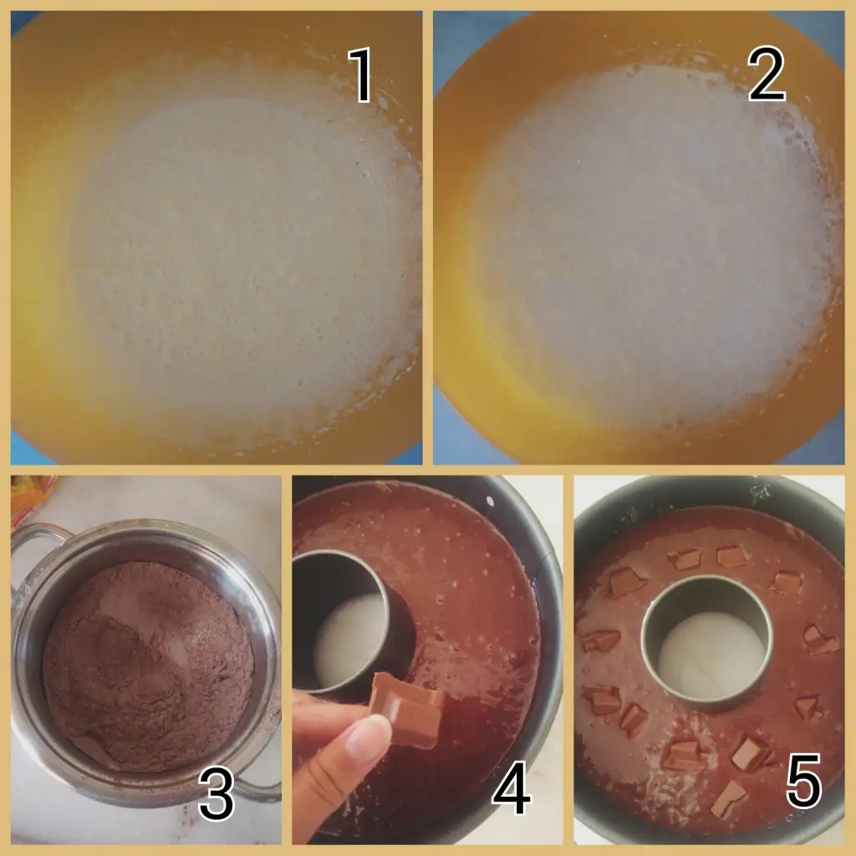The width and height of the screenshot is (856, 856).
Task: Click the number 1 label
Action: tap(361, 74)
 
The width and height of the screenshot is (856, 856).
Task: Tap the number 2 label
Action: tap(767, 74)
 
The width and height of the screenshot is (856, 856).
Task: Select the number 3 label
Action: tap(217, 792)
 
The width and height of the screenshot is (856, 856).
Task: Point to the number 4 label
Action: tap(512, 787)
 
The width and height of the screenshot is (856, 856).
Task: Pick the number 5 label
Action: tap(803, 781)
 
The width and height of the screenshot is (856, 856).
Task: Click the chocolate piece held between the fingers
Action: tap(410, 709)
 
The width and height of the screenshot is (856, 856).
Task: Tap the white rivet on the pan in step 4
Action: tap(490, 502)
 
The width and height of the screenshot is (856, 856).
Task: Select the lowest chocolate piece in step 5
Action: tap(729, 799)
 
